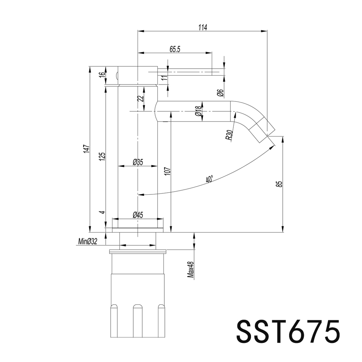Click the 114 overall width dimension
click(202, 27)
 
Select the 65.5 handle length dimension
click(175, 49)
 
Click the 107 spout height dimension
click(168, 171)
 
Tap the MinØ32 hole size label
click(87, 242)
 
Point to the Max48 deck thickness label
click(191, 270)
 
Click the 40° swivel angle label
click(209, 180)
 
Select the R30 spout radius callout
click(230, 135)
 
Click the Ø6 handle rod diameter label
click(220, 93)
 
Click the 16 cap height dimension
click(101, 75)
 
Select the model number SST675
click(288, 331)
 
